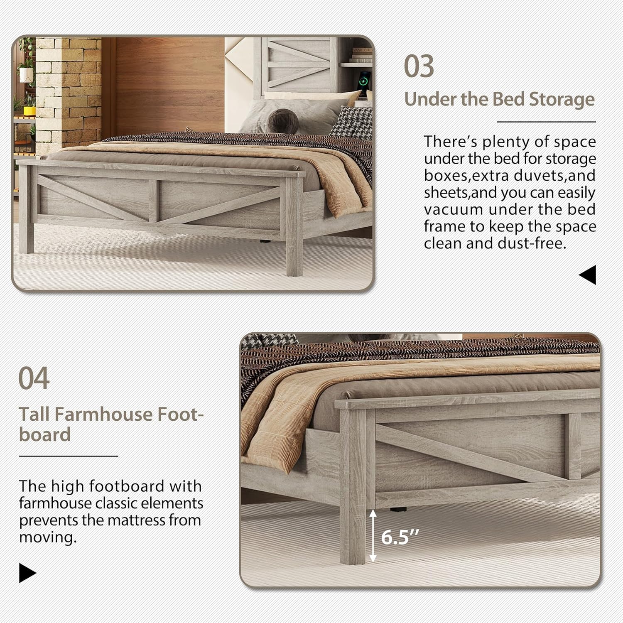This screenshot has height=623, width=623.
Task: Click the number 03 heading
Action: (x=419, y=66)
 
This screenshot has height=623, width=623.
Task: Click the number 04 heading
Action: (x=34, y=378)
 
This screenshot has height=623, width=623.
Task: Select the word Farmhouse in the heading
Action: (x=104, y=414)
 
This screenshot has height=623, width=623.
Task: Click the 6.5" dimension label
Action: (x=400, y=537)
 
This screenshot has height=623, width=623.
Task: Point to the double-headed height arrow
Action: (x=373, y=536)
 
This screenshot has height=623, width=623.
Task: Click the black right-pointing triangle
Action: (x=27, y=573)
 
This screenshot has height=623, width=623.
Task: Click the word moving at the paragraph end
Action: (x=48, y=537)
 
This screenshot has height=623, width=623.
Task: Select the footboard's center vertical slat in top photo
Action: (x=153, y=201)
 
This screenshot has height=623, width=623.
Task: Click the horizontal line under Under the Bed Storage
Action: (x=546, y=122)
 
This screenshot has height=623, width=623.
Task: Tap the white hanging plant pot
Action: (x=26, y=74)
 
